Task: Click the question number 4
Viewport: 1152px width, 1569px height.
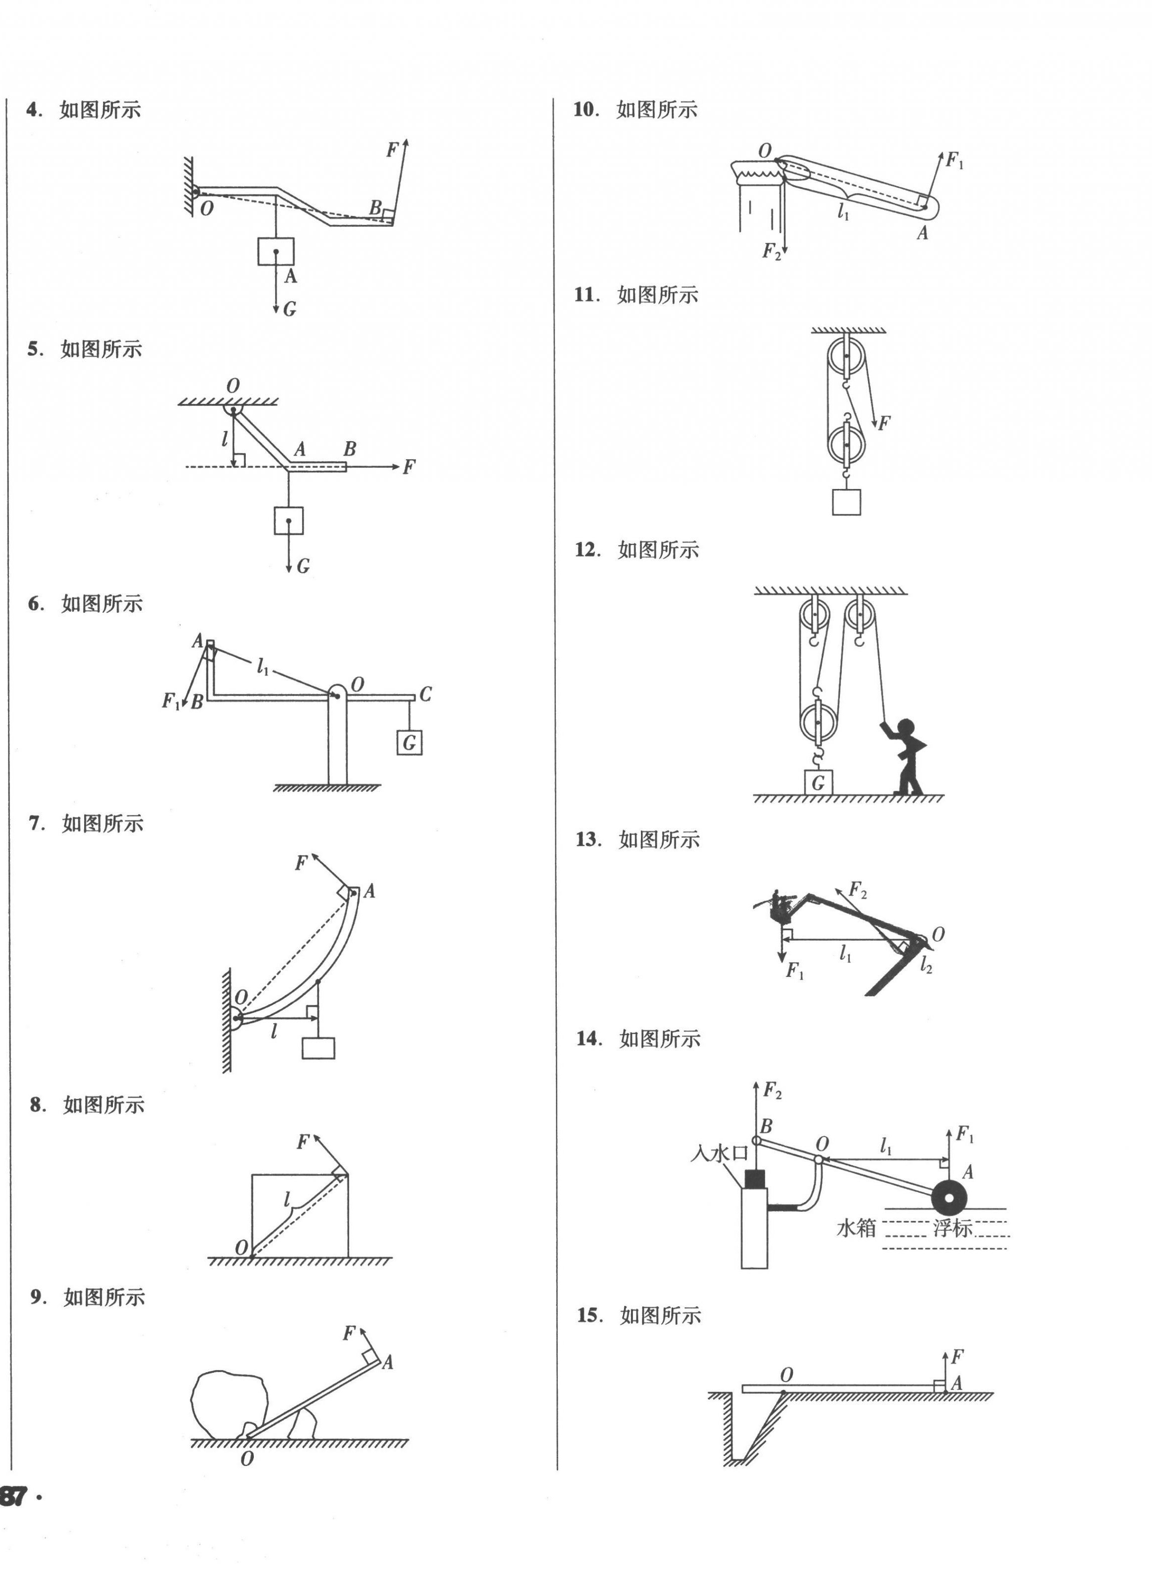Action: pyautogui.click(x=31, y=110)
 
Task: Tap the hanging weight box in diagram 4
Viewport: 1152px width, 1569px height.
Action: pyautogui.click(x=276, y=252)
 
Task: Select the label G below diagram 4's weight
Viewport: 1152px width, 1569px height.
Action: pyautogui.click(x=290, y=309)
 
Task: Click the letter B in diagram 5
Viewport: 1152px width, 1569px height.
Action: pyautogui.click(x=349, y=450)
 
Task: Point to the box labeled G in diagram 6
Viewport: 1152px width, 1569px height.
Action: pyautogui.click(x=410, y=743)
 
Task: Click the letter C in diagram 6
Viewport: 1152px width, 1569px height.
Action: pyautogui.click(x=425, y=694)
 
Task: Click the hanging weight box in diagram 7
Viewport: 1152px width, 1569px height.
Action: pyautogui.click(x=318, y=1048)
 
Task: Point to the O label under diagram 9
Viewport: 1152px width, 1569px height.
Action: pyautogui.click(x=247, y=1459)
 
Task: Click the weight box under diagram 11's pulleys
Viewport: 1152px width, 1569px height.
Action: pyautogui.click(x=846, y=502)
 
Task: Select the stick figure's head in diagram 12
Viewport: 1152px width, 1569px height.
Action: pyautogui.click(x=907, y=727)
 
